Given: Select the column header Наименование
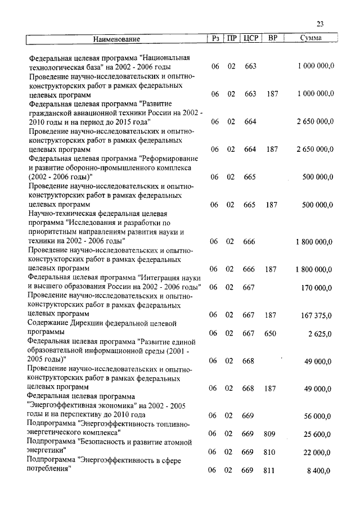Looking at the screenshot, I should pyautogui.click(x=116, y=39).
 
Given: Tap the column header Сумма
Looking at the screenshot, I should pyautogui.click(x=311, y=39).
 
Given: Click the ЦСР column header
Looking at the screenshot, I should pyautogui.click(x=250, y=39).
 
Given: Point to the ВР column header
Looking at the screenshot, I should pyautogui.click(x=272, y=39).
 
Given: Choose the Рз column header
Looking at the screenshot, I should pyautogui.click(x=215, y=39).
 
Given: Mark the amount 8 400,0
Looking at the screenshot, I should pyautogui.click(x=319, y=470).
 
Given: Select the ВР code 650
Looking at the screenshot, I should pyautogui.click(x=271, y=333).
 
